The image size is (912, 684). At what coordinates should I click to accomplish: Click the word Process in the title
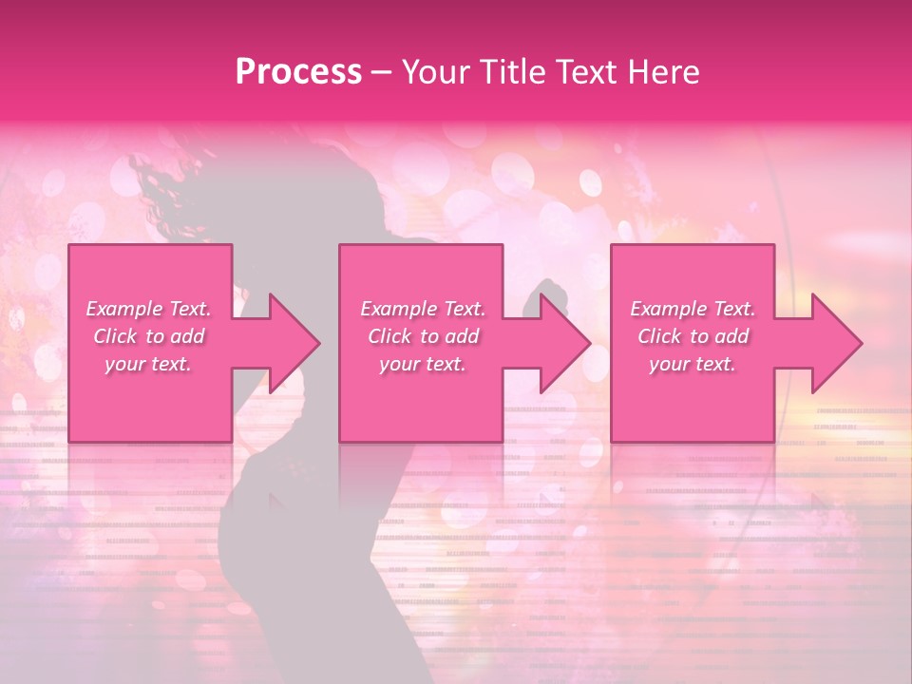[x=298, y=72]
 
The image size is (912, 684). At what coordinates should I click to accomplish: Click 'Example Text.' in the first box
[x=149, y=309]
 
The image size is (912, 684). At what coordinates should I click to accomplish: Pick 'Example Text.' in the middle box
[x=423, y=309]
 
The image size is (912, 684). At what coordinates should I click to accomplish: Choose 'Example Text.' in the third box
[x=693, y=309]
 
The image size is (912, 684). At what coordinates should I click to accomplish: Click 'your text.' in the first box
[x=148, y=364]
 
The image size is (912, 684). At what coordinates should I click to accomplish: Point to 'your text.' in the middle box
[x=422, y=364]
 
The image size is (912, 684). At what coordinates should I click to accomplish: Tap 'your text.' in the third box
[x=692, y=364]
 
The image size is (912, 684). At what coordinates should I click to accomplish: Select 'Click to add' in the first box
[x=149, y=336]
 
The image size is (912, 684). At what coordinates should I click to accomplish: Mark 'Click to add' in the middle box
[x=423, y=336]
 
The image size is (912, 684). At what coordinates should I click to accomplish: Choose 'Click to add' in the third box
[x=693, y=336]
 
